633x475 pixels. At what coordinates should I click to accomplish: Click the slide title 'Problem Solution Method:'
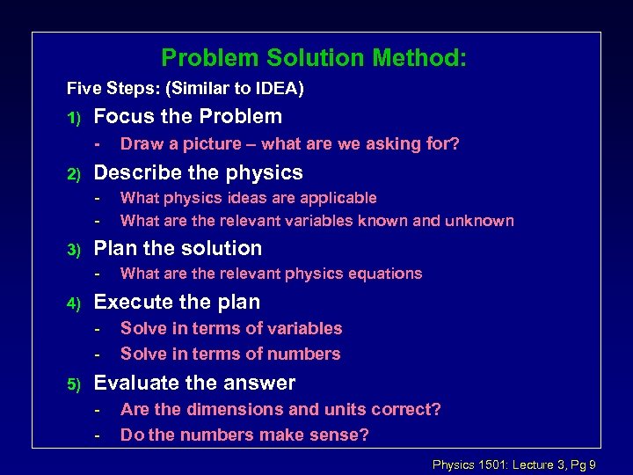pyautogui.click(x=314, y=59)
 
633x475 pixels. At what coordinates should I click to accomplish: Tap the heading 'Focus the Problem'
pyautogui.click(x=187, y=116)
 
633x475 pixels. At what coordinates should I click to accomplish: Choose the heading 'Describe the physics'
pyautogui.click(x=198, y=172)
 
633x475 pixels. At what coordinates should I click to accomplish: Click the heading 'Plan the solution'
pyautogui.click(x=178, y=248)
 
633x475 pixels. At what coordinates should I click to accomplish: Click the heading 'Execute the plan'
pyautogui.click(x=177, y=302)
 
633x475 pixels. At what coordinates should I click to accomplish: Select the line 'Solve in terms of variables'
pyautogui.click(x=231, y=328)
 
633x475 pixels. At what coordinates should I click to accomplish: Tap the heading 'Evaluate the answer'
pyautogui.click(x=194, y=383)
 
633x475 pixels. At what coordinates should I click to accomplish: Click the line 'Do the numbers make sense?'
pyautogui.click(x=244, y=435)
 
